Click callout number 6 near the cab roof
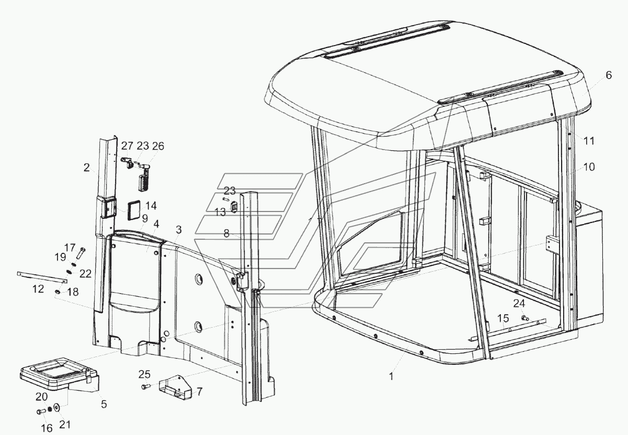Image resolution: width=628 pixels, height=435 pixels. (x=608, y=75)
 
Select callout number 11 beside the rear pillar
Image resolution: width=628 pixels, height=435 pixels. (x=589, y=141)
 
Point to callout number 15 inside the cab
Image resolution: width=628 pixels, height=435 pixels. (x=503, y=318)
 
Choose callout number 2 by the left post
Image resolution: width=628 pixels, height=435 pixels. (x=86, y=168)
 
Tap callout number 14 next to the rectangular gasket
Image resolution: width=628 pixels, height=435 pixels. (x=151, y=205)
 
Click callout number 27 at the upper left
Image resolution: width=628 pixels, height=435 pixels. (x=127, y=146)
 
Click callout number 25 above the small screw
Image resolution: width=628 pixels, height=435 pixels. (x=144, y=374)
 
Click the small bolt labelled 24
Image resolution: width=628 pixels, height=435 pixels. (x=524, y=317)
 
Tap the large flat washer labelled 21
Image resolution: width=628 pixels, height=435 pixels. (x=56, y=407)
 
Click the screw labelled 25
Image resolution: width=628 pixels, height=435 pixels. (x=145, y=387)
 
